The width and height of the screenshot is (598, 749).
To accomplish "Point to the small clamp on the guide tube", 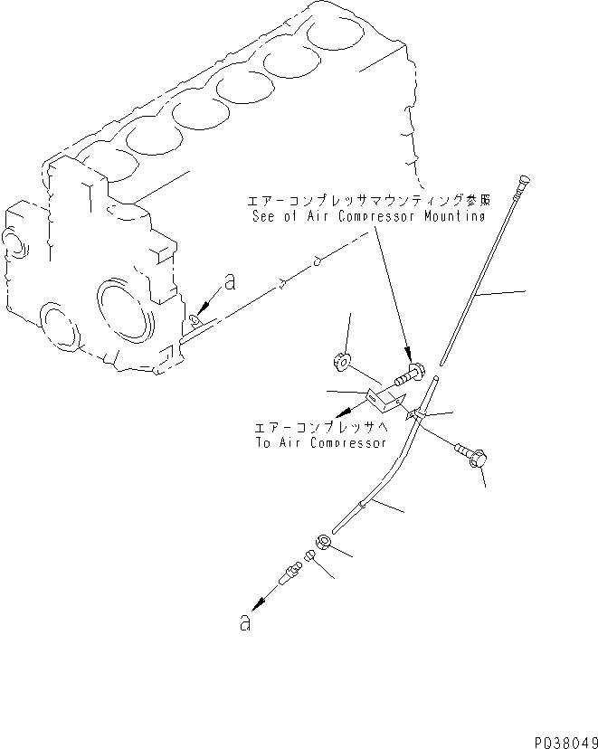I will (413, 414).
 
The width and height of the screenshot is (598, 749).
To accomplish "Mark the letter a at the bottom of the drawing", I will (244, 624).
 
